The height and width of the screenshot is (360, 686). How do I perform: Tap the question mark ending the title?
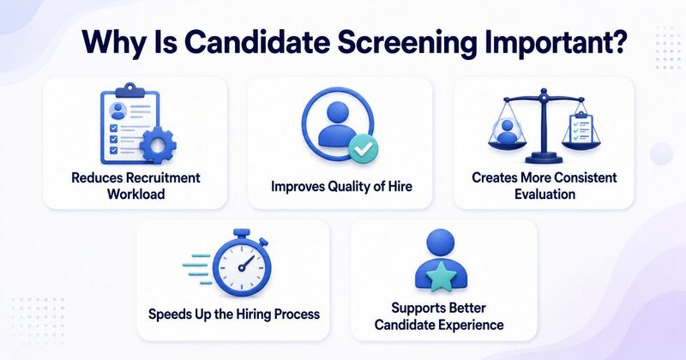point(618,40)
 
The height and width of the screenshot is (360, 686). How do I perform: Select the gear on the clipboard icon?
point(158,145)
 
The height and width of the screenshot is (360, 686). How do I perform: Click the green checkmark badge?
point(363,149)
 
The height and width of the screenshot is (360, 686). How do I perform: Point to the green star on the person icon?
point(441,276)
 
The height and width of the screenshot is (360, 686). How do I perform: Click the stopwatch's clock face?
point(242,266)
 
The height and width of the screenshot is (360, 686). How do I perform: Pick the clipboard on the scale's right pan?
point(582,128)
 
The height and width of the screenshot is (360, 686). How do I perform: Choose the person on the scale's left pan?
point(507,131)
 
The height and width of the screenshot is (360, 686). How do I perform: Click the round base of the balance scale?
point(544,158)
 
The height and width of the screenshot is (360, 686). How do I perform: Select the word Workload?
point(136,194)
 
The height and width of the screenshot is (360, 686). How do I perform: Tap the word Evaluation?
point(545,194)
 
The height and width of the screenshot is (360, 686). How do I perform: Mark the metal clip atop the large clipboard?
point(128,90)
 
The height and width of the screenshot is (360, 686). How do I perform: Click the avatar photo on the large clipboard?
point(118,111)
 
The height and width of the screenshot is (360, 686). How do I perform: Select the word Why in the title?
point(108,43)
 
